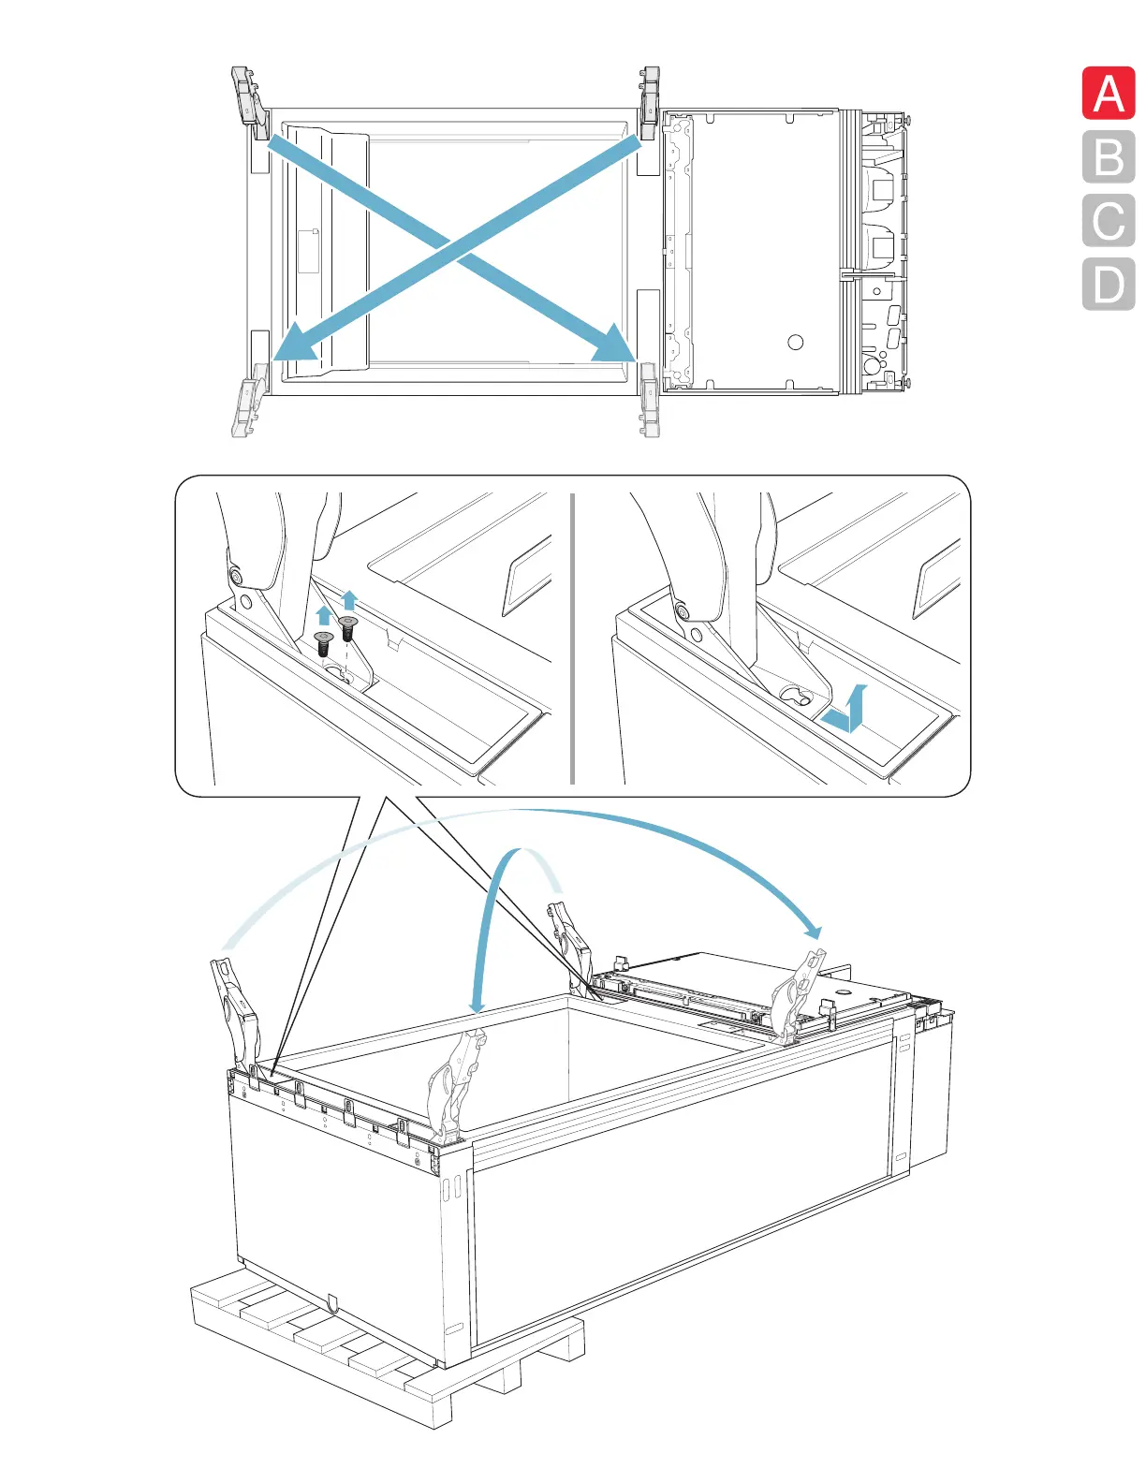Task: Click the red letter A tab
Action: (1109, 94)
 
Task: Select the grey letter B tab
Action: (1109, 157)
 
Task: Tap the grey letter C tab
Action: (1109, 221)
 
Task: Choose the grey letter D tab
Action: (1109, 284)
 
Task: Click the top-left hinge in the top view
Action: (246, 96)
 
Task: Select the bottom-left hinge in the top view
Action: (247, 408)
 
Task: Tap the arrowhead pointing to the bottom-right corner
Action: (614, 345)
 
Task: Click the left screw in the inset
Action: (324, 643)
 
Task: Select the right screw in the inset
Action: (348, 626)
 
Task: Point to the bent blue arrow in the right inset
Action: (845, 712)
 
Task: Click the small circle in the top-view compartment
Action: (796, 342)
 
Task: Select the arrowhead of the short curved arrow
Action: (477, 1005)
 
